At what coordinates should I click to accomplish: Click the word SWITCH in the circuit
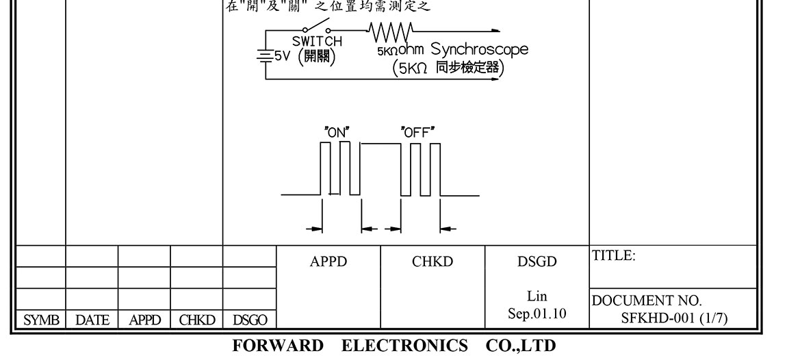(317, 41)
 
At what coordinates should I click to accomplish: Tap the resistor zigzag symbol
(390, 30)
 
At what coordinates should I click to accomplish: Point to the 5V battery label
(284, 55)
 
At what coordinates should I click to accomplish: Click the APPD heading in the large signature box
(328, 261)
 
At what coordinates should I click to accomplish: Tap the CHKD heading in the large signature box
(433, 261)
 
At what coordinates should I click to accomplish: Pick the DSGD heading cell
(537, 261)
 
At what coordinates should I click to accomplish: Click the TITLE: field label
(614, 256)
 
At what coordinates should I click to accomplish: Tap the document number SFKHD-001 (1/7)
(670, 316)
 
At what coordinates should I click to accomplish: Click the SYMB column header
(39, 320)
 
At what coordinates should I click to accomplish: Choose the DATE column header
(92, 320)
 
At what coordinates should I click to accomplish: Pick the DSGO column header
(250, 320)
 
